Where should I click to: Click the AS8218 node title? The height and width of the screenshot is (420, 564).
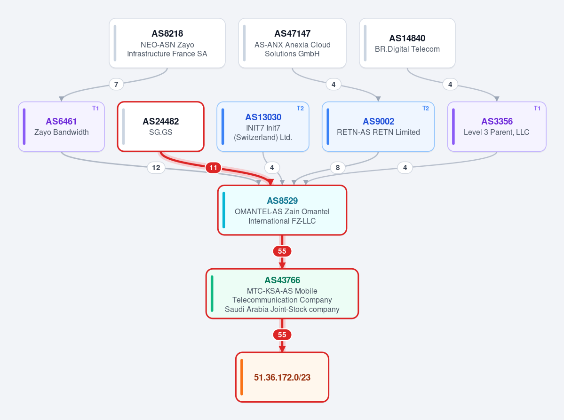[167, 33]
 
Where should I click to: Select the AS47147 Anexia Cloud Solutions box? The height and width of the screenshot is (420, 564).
[292, 43]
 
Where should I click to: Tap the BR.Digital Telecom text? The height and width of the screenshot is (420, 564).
[407, 49]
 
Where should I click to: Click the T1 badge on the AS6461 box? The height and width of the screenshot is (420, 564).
[95, 108]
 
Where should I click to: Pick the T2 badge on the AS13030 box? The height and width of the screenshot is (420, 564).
[300, 108]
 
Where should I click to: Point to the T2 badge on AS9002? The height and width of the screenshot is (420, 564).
[426, 108]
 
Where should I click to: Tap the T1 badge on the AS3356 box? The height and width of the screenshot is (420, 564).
[537, 108]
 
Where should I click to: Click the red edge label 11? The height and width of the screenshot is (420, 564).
[213, 167]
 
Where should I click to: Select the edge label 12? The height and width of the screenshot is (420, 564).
[156, 167]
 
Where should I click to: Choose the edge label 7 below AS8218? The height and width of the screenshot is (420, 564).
[116, 85]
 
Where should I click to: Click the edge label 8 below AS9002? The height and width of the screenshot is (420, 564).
[338, 167]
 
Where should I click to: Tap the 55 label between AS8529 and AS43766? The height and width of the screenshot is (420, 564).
[282, 251]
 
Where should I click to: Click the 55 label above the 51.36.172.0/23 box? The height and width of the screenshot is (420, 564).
[282, 335]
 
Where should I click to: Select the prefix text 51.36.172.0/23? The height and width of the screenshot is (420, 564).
[282, 377]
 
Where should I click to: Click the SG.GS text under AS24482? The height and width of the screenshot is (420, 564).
[161, 132]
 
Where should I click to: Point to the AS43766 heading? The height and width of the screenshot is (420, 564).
[282, 280]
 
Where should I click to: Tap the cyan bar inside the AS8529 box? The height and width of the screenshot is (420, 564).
[224, 210]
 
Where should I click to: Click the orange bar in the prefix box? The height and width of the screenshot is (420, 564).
[242, 377]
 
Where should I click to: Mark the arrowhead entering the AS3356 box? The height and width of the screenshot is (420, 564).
[497, 99]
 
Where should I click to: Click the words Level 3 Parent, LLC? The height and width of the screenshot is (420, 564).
[496, 132]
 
